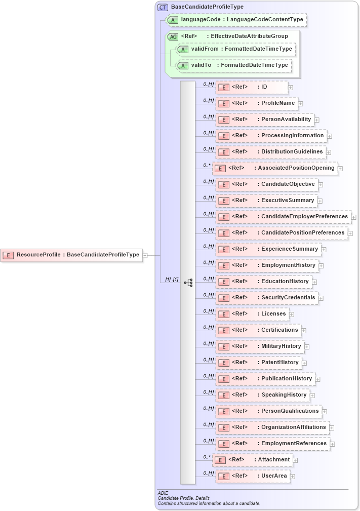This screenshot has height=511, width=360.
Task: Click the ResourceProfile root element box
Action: click(71, 255)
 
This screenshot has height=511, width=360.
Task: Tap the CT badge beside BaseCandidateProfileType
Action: click(163, 7)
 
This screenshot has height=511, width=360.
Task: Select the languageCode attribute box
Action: click(236, 20)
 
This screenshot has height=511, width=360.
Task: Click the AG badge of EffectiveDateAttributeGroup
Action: click(173, 36)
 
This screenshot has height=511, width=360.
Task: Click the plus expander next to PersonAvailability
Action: click(316, 120)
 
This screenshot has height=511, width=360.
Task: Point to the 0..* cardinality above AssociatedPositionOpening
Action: click(207, 165)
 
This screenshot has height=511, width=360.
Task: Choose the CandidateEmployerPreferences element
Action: click(283, 217)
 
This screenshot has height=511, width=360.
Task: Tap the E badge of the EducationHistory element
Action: click(223, 282)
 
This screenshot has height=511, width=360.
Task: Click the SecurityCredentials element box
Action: click(266, 298)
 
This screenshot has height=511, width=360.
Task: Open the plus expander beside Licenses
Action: click(292, 315)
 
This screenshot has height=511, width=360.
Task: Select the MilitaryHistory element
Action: click(259, 346)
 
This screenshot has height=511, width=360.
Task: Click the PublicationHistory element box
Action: click(265, 379)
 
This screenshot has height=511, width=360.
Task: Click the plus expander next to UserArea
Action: click(293, 477)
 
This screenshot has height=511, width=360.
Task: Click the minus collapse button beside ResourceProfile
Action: click(145, 255)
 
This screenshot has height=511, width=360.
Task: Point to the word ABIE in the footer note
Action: click(163, 493)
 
